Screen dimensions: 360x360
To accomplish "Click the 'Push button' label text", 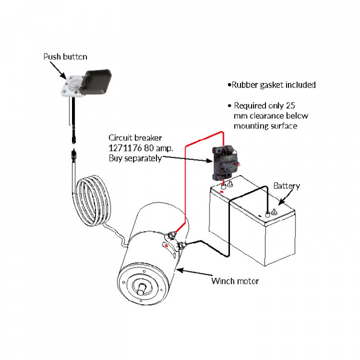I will coord(64,56).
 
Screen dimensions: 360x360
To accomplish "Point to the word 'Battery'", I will coord(286,186).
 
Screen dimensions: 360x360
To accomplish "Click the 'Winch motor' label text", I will coord(234,281).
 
